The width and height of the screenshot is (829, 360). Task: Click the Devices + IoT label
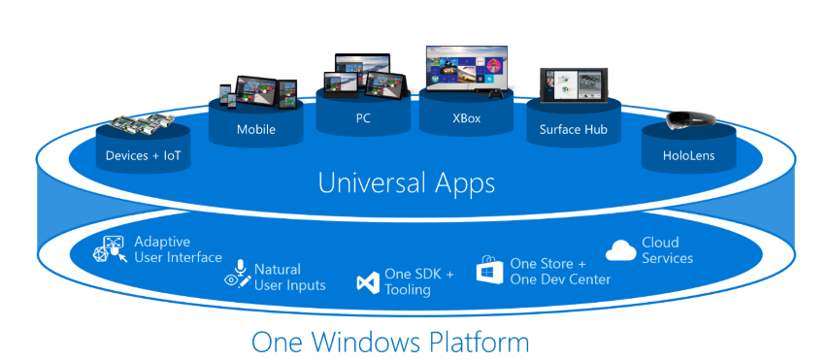145,155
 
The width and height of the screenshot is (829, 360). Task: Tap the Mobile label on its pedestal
256,129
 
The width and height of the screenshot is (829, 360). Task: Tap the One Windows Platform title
390,342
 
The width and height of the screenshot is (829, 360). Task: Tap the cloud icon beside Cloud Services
621,250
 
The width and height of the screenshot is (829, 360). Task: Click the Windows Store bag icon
489,270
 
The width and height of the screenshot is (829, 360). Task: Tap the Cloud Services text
667,250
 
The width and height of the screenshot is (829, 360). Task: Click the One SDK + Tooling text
418,281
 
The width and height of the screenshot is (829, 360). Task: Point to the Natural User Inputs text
289,277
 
